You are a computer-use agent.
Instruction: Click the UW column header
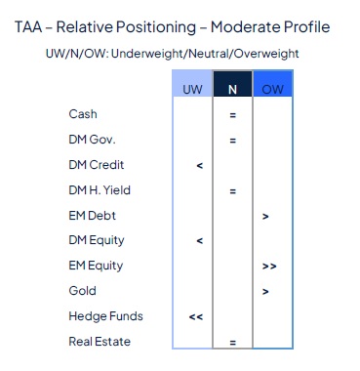(193, 89)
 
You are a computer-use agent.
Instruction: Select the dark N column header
(232, 89)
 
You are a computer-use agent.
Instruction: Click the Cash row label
(83, 114)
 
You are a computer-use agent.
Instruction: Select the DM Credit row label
(96, 165)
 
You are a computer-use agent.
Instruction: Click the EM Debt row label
(92, 215)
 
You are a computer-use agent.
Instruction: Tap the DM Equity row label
(96, 240)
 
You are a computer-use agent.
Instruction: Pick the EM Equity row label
(96, 266)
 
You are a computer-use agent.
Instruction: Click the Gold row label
(82, 291)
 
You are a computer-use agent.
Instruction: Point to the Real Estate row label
(98, 342)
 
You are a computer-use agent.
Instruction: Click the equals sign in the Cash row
(232, 115)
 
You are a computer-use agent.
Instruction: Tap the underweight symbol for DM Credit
(199, 166)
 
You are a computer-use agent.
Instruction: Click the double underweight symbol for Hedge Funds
(196, 317)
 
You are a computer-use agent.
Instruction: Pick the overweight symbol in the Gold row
(265, 292)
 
